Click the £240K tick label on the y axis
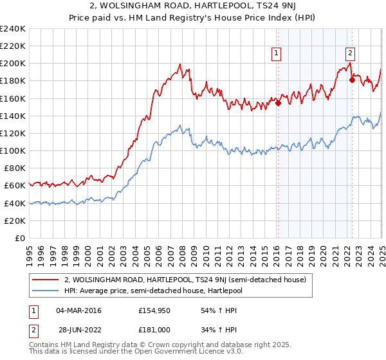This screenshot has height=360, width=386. tap(13, 29)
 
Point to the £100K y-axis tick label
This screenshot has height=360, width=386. tap(13, 150)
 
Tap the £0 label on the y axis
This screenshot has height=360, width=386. tap(19, 238)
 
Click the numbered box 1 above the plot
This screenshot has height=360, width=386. tap(277, 54)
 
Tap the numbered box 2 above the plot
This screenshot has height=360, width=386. tap(350, 54)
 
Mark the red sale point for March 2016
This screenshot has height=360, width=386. tap(278, 103)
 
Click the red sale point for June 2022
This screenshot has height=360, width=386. tap(352, 80)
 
